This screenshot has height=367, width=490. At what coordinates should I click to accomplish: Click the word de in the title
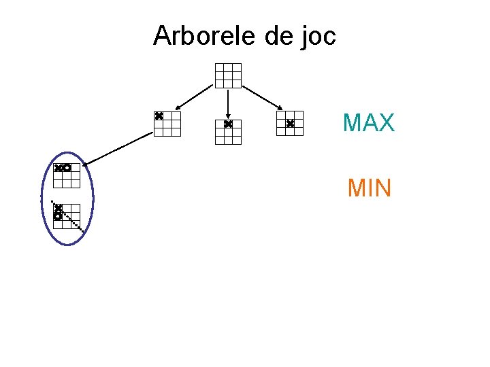(276, 35)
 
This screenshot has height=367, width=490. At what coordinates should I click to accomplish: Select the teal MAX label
(368, 123)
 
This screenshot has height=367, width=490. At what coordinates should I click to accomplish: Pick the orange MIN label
(369, 188)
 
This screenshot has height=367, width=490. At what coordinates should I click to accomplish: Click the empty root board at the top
(228, 75)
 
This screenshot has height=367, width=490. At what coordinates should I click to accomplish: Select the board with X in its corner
(167, 124)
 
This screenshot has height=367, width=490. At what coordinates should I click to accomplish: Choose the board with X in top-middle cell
(228, 132)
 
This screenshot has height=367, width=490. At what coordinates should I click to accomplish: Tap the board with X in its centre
(290, 124)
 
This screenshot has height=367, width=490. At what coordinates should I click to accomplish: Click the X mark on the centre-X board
(290, 124)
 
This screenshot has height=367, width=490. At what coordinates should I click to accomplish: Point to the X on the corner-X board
(159, 116)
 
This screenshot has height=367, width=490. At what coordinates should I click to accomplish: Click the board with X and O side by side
(67, 175)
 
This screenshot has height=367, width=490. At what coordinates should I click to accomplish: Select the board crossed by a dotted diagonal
(67, 216)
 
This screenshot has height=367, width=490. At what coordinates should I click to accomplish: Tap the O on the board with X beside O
(67, 167)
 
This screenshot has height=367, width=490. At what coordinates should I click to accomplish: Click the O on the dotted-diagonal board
(59, 215)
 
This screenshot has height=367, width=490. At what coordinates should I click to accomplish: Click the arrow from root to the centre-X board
(263, 97)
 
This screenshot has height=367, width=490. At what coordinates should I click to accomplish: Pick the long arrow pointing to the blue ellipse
(119, 148)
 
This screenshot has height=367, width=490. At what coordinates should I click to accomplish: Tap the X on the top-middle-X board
(228, 124)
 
